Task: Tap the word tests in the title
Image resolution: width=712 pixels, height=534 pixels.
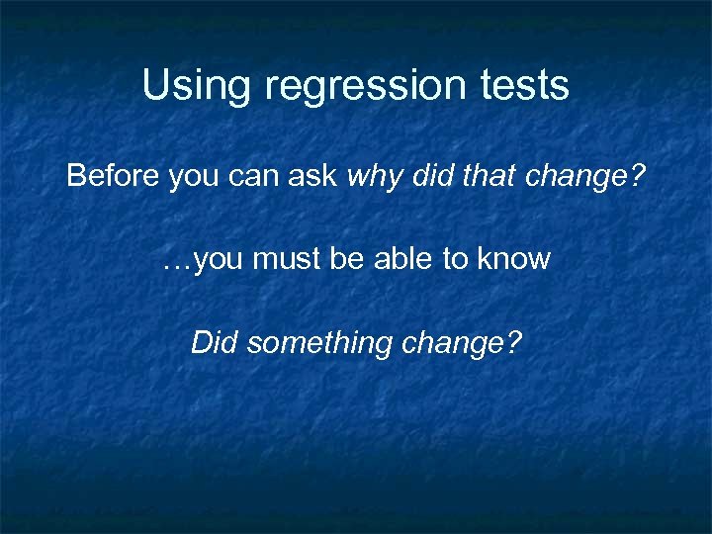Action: tap(524, 86)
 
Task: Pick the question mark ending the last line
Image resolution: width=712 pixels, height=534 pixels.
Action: tap(511, 343)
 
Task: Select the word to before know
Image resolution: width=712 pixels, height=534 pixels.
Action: tap(454, 260)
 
